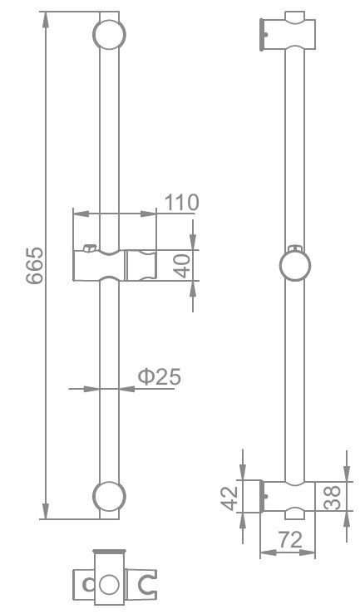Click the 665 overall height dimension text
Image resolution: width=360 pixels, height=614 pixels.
pyautogui.click(x=34, y=266)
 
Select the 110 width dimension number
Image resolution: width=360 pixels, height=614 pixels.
pyautogui.click(x=181, y=202)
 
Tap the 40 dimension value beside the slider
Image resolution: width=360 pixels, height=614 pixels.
pyautogui.click(x=183, y=266)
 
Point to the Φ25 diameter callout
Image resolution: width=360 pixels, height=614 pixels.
pyautogui.click(x=159, y=376)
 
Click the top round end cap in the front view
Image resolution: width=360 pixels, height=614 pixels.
pyautogui.click(x=109, y=35)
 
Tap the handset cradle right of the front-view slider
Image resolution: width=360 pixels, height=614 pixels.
pyautogui.click(x=141, y=266)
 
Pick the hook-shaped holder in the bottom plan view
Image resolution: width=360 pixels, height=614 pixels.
pyautogui.click(x=148, y=584)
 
